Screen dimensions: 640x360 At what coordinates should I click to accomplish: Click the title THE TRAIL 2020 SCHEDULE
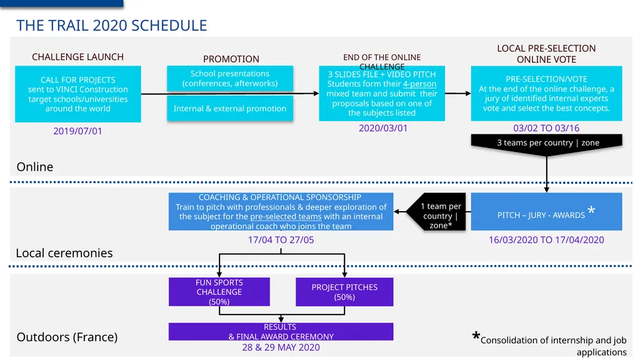[111, 25]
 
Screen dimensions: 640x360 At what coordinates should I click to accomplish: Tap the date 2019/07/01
[77, 131]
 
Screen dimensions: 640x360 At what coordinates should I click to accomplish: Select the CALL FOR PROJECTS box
[78, 94]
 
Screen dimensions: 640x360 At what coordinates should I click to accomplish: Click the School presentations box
[230, 78]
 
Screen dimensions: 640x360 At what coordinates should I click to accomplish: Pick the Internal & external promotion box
[230, 108]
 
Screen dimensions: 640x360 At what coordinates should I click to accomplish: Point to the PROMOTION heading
[231, 59]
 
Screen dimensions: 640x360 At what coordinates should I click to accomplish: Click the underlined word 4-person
[419, 84]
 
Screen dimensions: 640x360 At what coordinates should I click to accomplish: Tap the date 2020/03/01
[383, 128]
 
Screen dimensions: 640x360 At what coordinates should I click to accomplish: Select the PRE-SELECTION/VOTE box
[546, 94]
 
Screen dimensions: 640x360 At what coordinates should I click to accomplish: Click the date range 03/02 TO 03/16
[546, 128]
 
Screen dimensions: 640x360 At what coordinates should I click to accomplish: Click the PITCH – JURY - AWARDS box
[546, 211]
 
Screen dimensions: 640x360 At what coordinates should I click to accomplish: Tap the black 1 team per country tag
[436, 211]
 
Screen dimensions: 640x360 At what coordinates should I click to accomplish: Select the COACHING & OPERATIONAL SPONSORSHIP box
[281, 211]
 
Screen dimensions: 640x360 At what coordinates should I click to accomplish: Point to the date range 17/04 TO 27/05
[281, 240]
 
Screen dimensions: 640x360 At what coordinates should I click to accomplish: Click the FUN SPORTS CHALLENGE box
[219, 292]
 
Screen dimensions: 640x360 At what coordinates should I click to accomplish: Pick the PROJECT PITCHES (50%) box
[344, 292]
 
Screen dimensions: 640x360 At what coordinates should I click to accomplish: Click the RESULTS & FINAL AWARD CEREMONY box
[281, 331]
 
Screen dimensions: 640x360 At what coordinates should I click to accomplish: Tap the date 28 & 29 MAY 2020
[281, 347]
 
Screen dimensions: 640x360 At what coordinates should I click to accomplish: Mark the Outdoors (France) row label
[67, 337]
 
